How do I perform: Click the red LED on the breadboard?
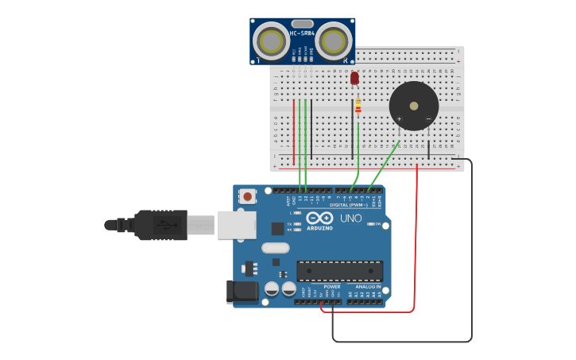click(354, 78)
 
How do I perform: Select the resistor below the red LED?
click(358, 106)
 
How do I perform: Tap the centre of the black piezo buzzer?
click(413, 106)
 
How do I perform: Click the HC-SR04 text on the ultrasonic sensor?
click(302, 33)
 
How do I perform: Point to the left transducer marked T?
click(271, 41)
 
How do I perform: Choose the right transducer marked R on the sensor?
click(334, 41)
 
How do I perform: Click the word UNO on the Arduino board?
click(351, 219)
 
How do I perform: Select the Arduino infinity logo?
click(319, 218)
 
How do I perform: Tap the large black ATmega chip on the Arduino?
click(339, 271)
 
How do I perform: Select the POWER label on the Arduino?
click(331, 287)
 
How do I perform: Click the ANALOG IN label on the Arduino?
click(367, 287)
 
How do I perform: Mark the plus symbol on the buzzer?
click(399, 119)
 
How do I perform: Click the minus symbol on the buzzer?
click(428, 119)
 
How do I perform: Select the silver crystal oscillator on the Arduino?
click(275, 247)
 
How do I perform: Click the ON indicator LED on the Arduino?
click(371, 225)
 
